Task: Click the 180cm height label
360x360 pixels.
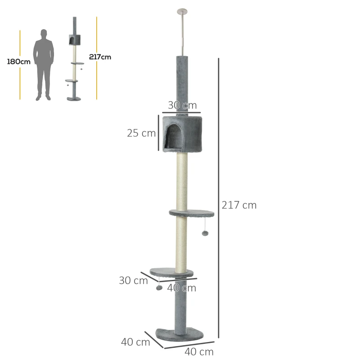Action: (x=18, y=62)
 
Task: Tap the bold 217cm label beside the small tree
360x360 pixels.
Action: (x=99, y=57)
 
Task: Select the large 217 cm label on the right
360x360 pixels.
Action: (x=239, y=205)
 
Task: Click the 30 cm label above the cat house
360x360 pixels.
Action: (x=182, y=105)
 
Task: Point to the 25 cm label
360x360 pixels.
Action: (x=141, y=133)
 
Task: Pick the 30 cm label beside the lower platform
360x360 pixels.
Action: (x=133, y=280)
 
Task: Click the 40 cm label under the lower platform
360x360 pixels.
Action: (x=181, y=288)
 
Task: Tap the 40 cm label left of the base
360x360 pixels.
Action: (x=135, y=342)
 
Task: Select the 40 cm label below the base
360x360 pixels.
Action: (x=199, y=352)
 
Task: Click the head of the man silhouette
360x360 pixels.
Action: (x=44, y=34)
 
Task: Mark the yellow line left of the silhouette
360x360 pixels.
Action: (x=20, y=65)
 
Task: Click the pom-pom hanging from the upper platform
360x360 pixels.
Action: (x=205, y=234)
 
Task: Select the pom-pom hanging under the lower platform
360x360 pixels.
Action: (x=159, y=288)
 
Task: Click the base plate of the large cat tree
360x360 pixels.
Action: (x=180, y=334)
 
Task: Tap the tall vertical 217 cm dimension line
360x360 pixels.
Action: (x=219, y=198)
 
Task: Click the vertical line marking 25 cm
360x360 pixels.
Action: (x=158, y=132)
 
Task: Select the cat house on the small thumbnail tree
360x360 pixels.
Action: (x=74, y=39)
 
